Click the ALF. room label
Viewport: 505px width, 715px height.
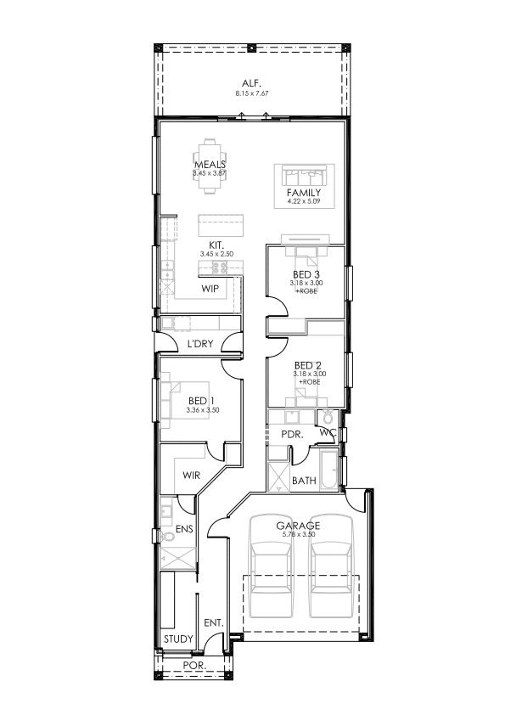click(251, 83)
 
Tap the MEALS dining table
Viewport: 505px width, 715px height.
click(210, 167)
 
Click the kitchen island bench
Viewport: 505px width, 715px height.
click(221, 225)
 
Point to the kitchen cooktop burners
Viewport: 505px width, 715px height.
click(220, 267)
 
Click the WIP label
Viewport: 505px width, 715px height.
click(210, 289)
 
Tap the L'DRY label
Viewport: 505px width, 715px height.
click(200, 344)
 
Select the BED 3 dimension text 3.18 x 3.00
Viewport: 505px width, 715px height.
click(306, 283)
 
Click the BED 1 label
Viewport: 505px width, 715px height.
click(201, 401)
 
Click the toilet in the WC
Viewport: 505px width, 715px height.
click(328, 416)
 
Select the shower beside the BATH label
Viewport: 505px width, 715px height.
click(278, 477)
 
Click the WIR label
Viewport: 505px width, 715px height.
click(192, 476)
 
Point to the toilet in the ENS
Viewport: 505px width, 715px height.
click(168, 536)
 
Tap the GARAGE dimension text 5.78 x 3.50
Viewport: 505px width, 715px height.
click(299, 534)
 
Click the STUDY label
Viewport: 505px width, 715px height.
click(178, 639)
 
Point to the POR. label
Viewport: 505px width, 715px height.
click(194, 665)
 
